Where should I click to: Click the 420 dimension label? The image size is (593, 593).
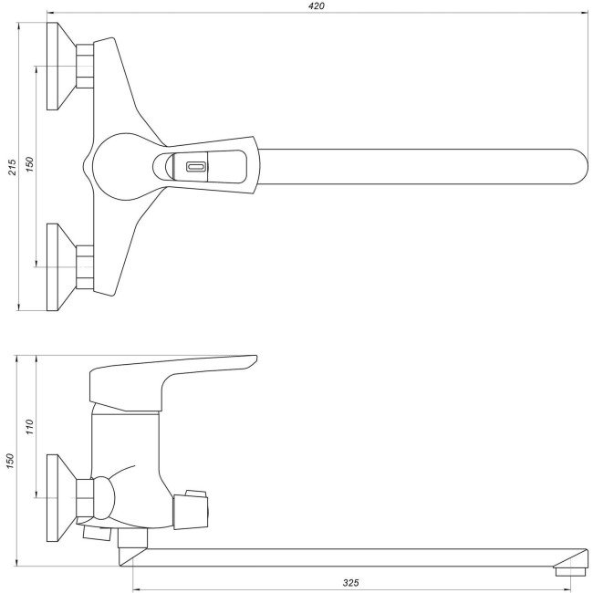[x=316, y=6]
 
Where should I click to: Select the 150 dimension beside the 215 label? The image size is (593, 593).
[x=29, y=165]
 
